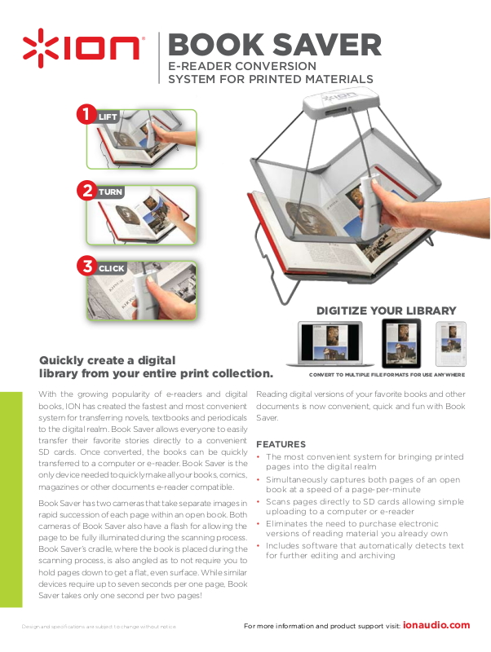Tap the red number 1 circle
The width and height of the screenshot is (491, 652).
coord(86,114)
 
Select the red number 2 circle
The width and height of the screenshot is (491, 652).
coord(87,190)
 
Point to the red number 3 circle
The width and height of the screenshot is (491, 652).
coord(87,267)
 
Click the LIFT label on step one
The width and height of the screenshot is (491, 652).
coord(108,117)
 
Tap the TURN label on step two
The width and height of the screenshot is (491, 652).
coord(110,192)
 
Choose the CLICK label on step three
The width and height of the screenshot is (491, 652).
coord(111,269)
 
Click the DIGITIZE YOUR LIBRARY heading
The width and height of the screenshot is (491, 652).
coord(386,311)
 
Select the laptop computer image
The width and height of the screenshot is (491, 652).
coord(330,343)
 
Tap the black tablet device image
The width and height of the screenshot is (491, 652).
coord(401,343)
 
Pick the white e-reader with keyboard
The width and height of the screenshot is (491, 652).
coord(451,344)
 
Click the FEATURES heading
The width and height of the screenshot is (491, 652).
coord(281,444)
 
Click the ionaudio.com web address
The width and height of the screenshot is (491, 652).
coord(436,625)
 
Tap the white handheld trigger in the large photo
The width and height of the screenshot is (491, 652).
coord(369,207)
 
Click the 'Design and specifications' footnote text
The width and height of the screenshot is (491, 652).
coord(99,627)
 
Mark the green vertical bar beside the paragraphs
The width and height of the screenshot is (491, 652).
coord(11,500)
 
